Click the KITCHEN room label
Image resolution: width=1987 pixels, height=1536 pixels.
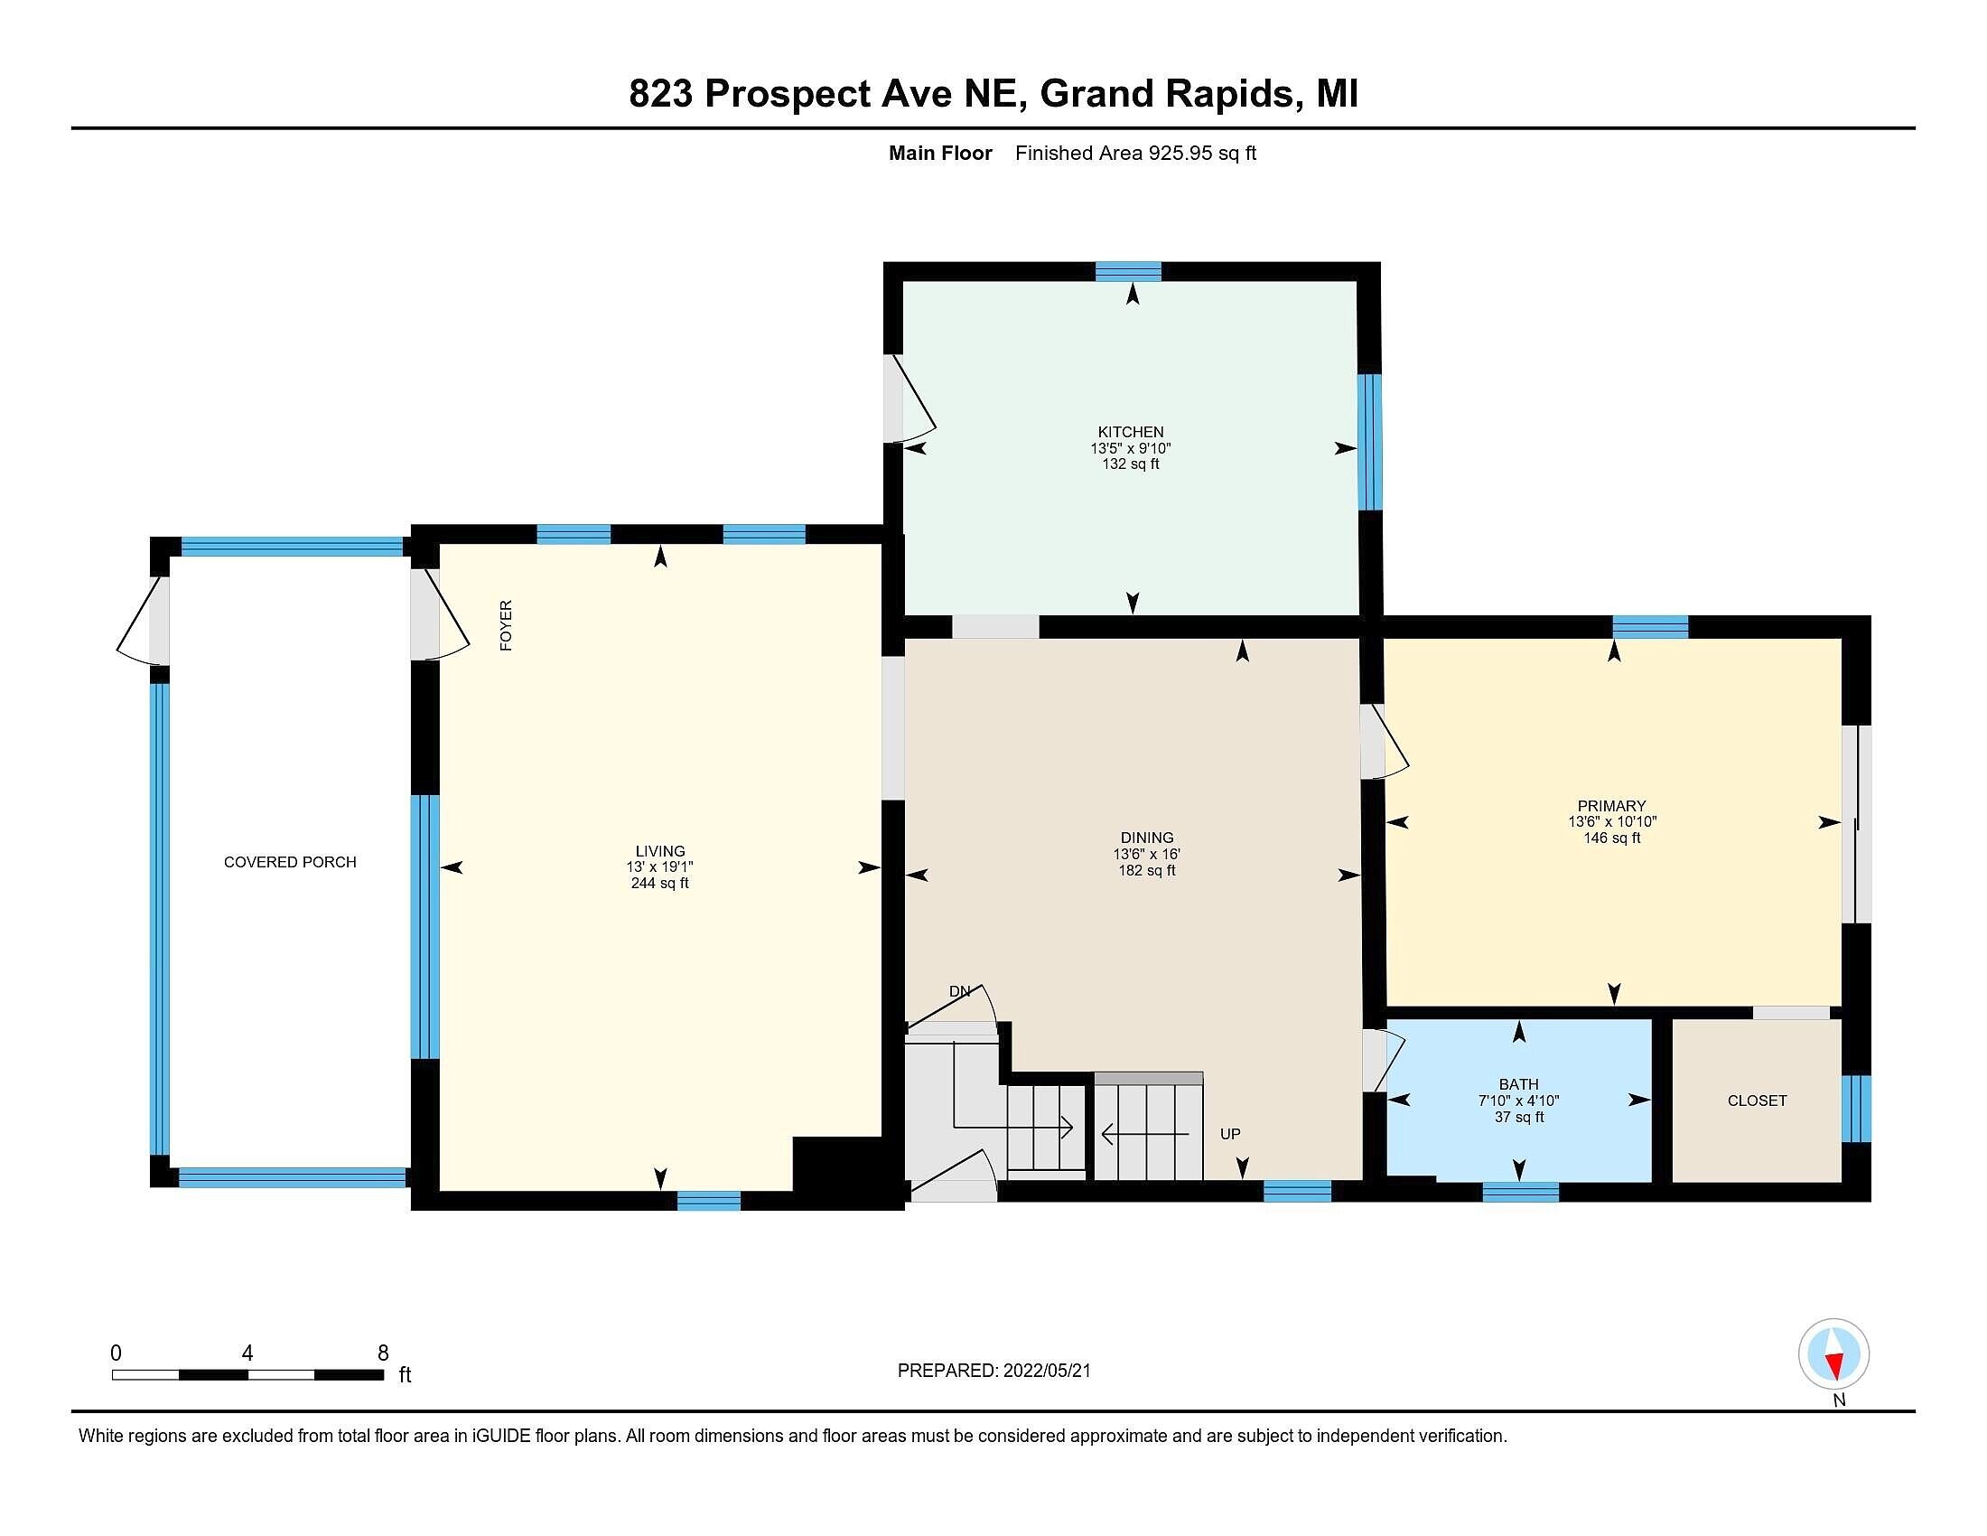pos(1131,432)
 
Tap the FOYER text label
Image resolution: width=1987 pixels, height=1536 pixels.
pos(507,625)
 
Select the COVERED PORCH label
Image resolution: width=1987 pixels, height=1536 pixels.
pos(290,862)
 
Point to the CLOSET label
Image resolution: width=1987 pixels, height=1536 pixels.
pos(1757,1100)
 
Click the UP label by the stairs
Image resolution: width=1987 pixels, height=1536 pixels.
pos(1230,1134)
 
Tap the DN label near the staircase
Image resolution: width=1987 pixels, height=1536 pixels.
pos(960,991)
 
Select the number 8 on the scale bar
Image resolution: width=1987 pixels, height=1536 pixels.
pos(383,1353)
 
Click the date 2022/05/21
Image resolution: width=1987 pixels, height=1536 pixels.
pos(1046,1371)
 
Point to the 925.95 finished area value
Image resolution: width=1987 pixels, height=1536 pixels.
pos(1181,153)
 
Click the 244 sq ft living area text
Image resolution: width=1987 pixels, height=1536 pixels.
pos(659,883)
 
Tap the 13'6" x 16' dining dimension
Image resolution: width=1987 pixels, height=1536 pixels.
pos(1146,855)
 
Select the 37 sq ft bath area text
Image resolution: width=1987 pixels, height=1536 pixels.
pos(1518,1117)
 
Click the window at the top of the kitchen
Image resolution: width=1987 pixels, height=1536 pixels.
pos(1128,271)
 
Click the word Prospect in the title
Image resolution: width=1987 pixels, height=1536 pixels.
pos(787,93)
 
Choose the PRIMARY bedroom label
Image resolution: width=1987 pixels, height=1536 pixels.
pos(1611,805)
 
